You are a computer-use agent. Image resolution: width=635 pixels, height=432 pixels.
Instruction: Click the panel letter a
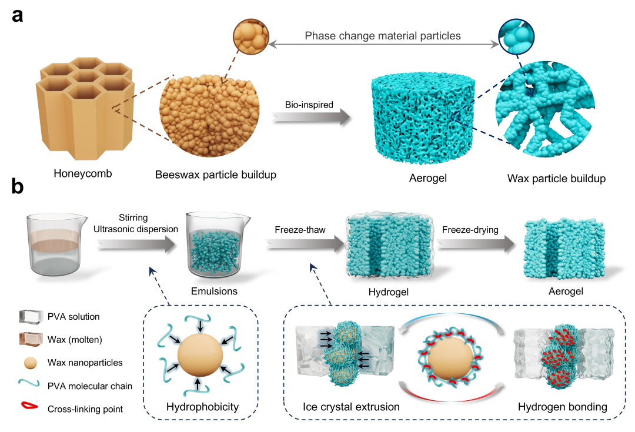coord(18,16)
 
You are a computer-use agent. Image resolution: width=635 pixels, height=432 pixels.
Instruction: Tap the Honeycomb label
coord(83,174)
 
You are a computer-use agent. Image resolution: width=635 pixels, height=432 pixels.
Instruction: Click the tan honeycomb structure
coord(85,108)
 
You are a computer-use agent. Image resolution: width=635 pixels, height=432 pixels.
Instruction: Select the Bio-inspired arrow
coord(311,117)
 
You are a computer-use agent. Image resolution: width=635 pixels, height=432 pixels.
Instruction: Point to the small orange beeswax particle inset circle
coord(251,36)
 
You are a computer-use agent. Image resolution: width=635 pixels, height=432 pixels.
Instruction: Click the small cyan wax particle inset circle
coord(516,36)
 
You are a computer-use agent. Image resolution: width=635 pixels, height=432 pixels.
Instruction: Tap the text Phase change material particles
coord(383,36)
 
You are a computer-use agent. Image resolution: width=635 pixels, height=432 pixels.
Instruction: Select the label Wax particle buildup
coord(556,179)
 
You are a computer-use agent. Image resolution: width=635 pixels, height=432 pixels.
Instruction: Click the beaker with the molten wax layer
coord(56,245)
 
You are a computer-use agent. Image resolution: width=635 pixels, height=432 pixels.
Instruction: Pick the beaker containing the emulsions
coord(216,245)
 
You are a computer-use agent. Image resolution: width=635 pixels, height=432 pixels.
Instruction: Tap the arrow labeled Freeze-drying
coord(476,244)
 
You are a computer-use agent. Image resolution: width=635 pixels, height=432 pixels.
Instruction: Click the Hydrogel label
coord(389,292)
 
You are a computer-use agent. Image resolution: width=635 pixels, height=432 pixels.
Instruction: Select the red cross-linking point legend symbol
coord(29,406)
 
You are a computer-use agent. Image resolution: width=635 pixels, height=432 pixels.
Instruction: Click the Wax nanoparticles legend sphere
coord(31,363)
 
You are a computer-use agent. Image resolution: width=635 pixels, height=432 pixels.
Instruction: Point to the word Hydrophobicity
coord(202,407)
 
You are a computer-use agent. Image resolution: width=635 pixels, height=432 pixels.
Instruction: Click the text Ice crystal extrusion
coord(351,407)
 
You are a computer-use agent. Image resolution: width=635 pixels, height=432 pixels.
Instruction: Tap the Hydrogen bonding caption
coord(563,407)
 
